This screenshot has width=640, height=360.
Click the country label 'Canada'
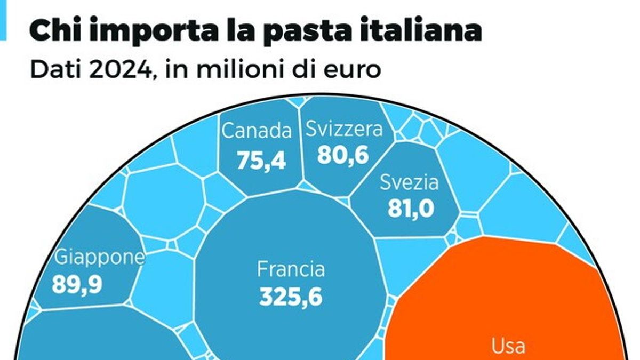click(257, 131)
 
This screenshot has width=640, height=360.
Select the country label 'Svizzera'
click(344, 129)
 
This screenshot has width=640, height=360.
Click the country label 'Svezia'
click(409, 183)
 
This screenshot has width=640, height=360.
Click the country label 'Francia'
click(291, 269)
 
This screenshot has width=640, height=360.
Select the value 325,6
click(291, 297)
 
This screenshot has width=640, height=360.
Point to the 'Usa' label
click(508, 346)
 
